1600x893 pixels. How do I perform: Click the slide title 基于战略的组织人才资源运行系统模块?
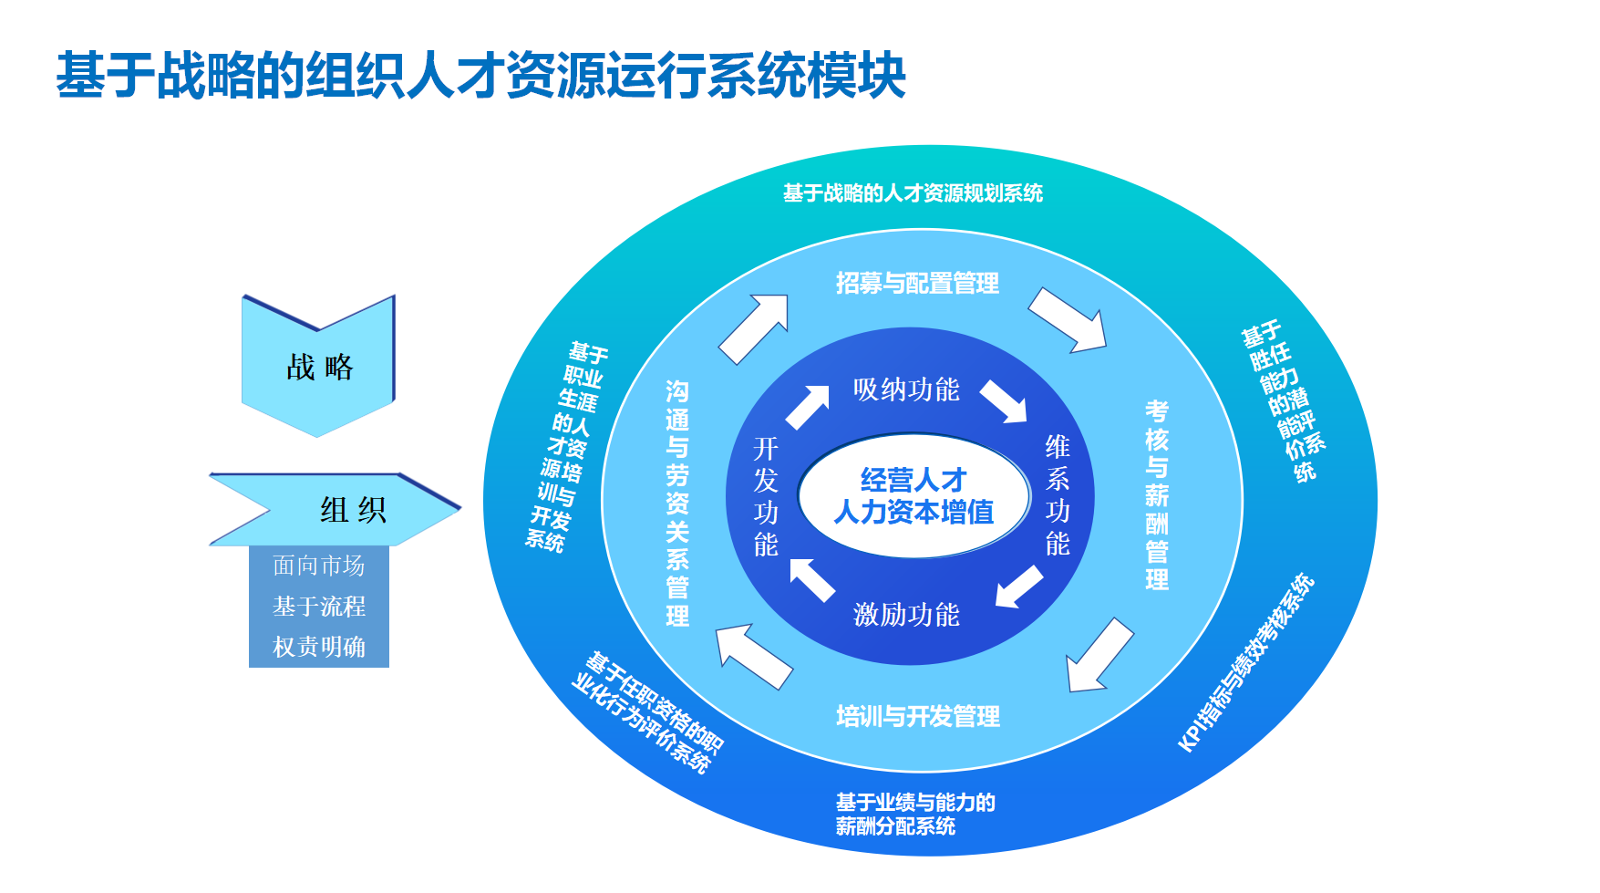(480, 75)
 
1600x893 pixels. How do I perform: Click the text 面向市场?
(318, 566)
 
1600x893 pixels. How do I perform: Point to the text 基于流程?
(318, 606)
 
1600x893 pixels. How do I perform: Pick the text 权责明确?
(318, 647)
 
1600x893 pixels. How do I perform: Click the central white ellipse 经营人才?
(914, 495)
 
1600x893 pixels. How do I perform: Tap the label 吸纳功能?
(906, 389)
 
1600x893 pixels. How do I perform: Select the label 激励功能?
(906, 614)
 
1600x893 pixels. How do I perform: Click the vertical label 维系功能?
(1057, 495)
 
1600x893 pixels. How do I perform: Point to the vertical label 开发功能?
(766, 496)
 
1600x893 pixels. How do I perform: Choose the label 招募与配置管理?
(917, 283)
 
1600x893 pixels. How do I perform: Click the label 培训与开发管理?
(918, 716)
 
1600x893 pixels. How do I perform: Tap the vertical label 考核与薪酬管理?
(1157, 495)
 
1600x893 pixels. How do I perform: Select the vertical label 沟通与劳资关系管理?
(677, 503)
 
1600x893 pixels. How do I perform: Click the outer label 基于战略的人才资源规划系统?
(913, 193)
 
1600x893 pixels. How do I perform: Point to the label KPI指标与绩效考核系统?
(1245, 662)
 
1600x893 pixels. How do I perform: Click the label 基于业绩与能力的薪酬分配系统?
(914, 814)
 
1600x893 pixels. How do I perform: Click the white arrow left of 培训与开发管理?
(752, 654)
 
